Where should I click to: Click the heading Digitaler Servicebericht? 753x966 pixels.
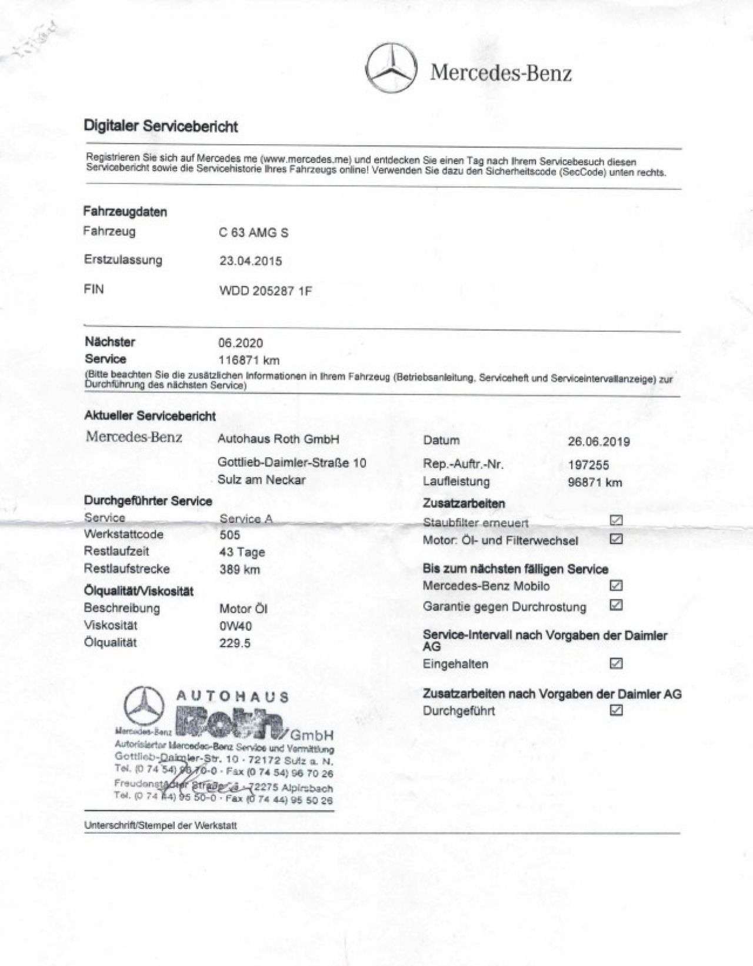(x=161, y=126)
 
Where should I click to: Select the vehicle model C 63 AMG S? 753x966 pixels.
(x=254, y=232)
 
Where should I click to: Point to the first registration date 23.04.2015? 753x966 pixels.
(x=251, y=261)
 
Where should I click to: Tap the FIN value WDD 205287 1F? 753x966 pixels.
(x=265, y=291)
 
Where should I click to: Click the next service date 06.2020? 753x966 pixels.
(x=241, y=343)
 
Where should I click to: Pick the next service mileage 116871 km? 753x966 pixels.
(x=249, y=360)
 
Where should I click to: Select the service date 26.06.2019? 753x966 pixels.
(x=599, y=441)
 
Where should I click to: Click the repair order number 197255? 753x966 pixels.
(x=588, y=465)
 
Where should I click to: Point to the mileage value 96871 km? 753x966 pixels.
(x=595, y=482)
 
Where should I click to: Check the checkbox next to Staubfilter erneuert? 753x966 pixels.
(x=616, y=520)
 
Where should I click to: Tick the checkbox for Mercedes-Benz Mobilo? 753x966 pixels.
(x=616, y=585)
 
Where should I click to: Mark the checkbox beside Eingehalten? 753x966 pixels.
(x=616, y=664)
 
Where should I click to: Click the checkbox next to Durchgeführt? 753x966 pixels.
(x=616, y=710)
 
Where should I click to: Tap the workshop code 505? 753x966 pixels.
(x=229, y=535)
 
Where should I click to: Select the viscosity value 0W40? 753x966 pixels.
(x=235, y=626)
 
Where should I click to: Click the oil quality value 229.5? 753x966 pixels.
(x=235, y=643)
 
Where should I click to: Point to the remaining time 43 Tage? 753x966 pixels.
(x=242, y=552)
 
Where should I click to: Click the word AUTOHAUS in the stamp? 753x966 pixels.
(x=233, y=697)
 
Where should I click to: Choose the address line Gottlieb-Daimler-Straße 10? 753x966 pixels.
(x=292, y=463)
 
